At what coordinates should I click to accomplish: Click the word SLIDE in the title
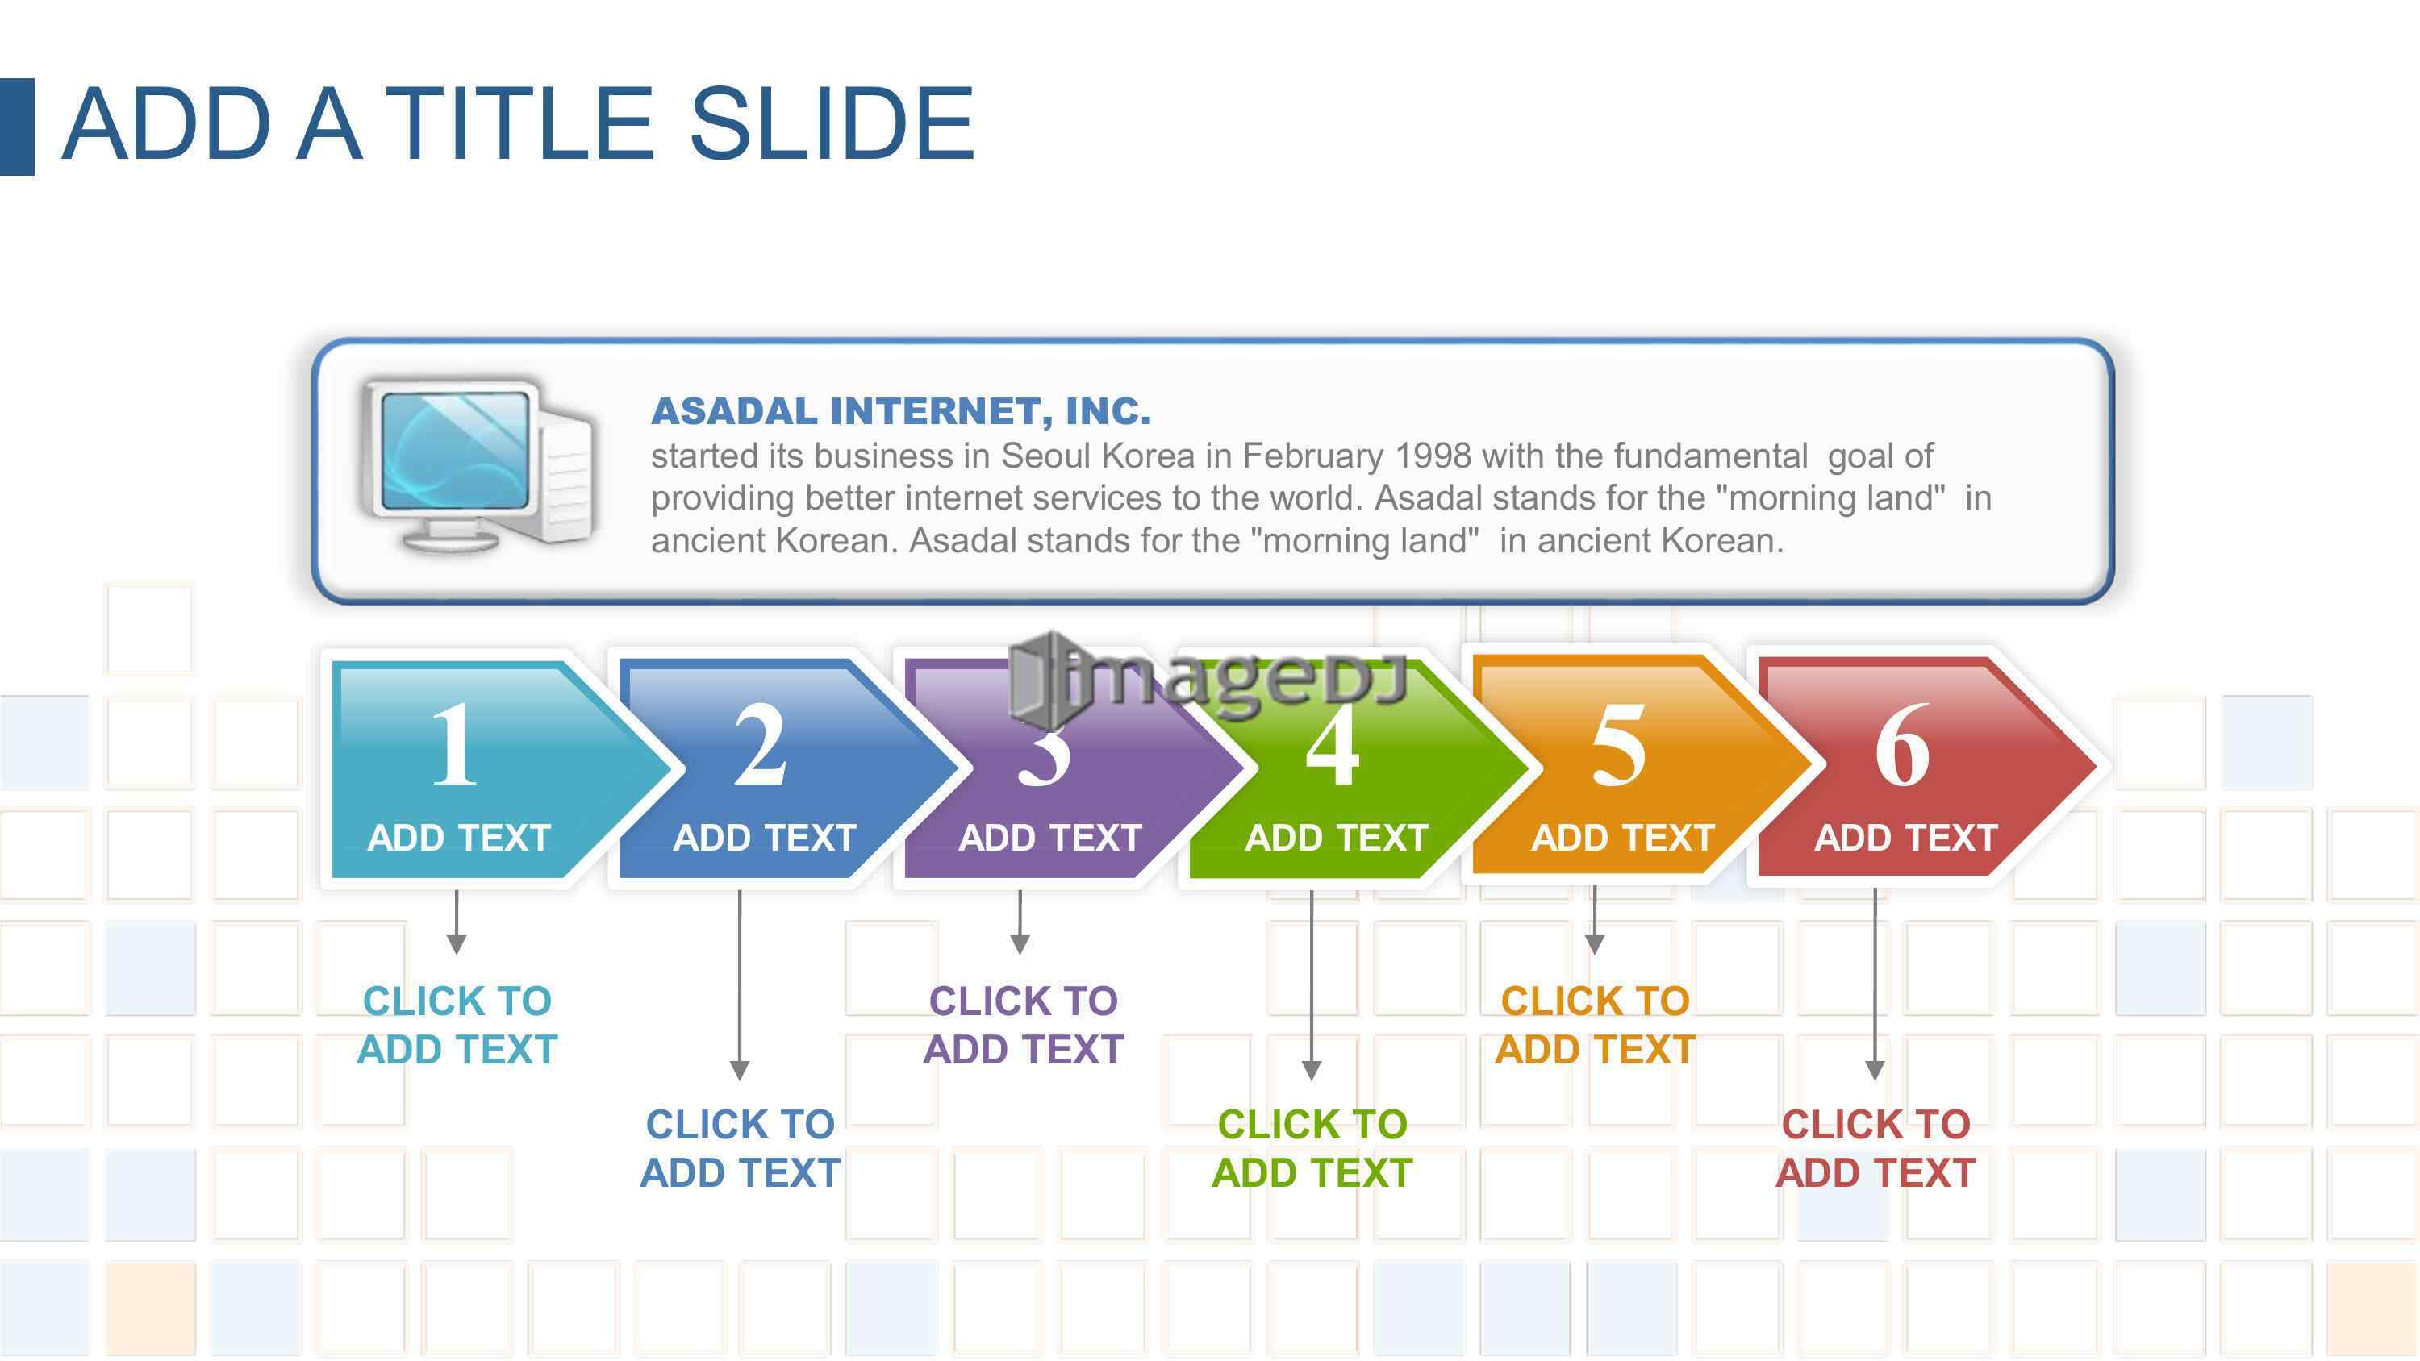point(832,123)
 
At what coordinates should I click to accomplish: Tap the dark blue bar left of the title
point(17,127)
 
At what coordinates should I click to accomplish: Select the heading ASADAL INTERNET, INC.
point(901,411)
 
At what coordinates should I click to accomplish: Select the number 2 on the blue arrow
point(760,744)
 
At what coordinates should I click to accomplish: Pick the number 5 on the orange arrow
point(1617,745)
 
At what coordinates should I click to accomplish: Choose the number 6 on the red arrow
point(1902,745)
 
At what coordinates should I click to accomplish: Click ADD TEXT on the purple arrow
point(1050,838)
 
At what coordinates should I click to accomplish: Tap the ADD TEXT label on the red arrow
point(1906,838)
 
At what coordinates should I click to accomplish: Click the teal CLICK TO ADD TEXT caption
point(457,1025)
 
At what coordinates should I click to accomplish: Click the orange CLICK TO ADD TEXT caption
point(1595,1025)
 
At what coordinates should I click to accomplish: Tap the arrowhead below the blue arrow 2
point(740,1071)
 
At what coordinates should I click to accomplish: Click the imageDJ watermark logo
point(1208,678)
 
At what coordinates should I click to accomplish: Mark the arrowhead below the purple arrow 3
point(1020,945)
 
